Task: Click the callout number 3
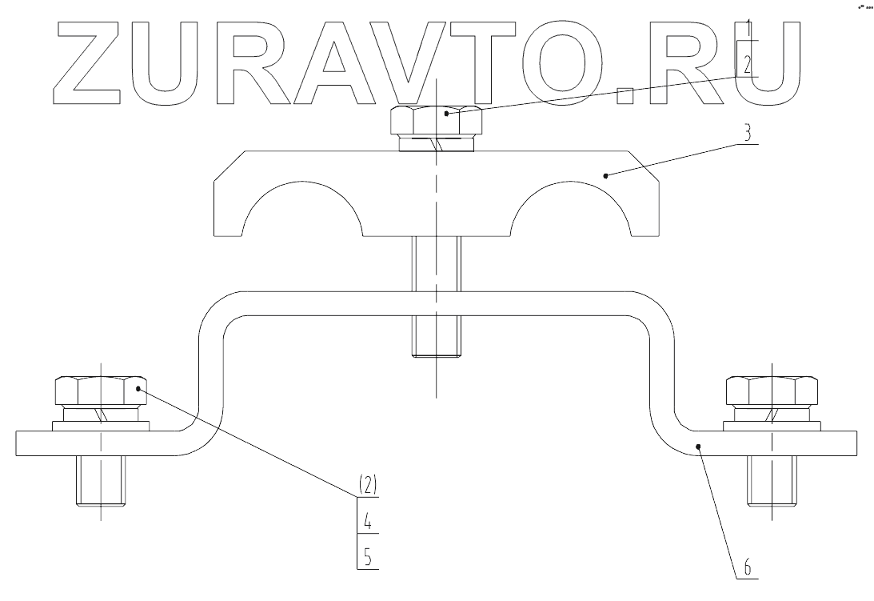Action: (747, 134)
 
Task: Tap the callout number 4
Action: (367, 520)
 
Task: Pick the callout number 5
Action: (367, 556)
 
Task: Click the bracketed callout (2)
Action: (367, 485)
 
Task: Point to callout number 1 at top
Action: (747, 30)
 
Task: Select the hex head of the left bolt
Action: (100, 391)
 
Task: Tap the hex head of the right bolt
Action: (771, 391)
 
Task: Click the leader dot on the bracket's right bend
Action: (698, 446)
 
